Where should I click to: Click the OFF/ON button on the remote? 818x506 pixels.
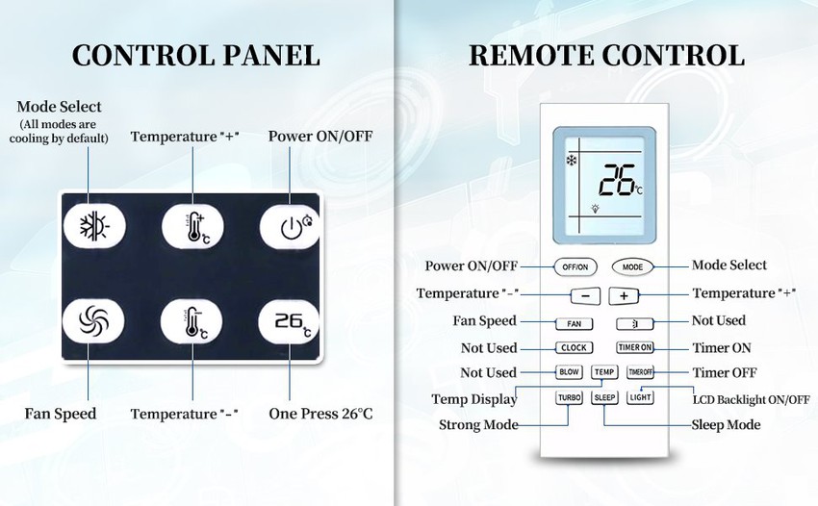(x=575, y=266)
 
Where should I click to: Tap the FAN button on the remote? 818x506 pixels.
(x=574, y=324)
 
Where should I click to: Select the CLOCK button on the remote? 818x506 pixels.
(x=574, y=348)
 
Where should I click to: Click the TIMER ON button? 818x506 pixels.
(x=635, y=348)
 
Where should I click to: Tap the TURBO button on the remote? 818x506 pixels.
(x=569, y=397)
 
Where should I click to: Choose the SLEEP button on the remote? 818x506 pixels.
(x=604, y=397)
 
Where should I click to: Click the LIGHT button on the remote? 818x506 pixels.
(x=640, y=397)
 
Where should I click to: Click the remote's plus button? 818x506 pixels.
(x=623, y=296)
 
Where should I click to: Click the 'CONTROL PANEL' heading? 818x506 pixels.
(x=196, y=55)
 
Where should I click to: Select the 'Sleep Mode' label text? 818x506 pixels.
(x=726, y=425)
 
